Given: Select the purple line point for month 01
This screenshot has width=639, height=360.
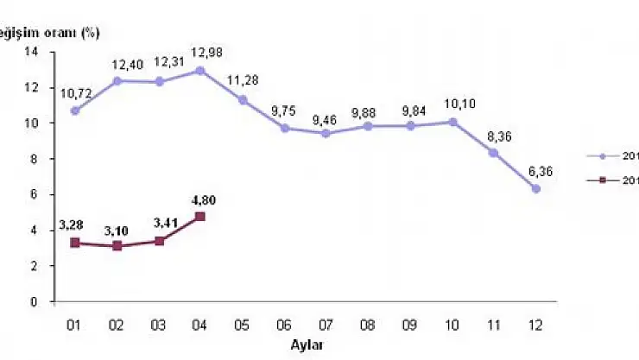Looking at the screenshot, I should pos(75,111).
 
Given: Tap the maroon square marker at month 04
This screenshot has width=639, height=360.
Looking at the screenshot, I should pos(201,217).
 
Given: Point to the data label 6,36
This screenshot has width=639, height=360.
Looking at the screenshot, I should pos(538,172).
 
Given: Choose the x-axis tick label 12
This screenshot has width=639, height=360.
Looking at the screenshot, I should pos(536,325).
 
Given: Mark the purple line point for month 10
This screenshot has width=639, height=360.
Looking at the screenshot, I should pos(452,122).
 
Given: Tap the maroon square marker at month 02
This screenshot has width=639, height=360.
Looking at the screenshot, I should pos(117,246).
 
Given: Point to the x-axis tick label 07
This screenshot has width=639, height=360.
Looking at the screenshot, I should pos(326,325).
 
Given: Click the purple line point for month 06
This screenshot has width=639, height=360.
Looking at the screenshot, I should pos(285,128).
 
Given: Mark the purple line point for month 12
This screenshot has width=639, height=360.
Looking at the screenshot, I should pos(536,188).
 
